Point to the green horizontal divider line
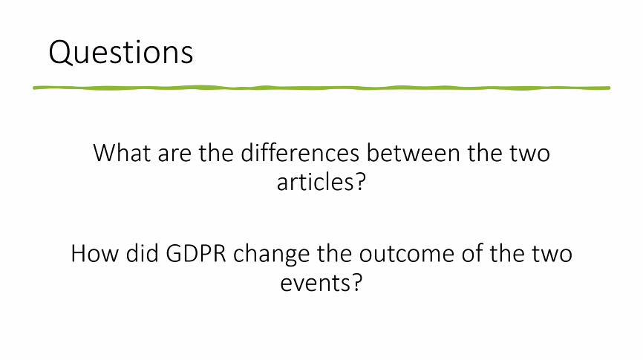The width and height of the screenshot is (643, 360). pos(321,88)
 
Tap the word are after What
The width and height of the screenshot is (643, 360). pos(177,154)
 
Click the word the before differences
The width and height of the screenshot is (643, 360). pos(221,154)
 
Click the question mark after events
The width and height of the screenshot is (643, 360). pos(356,282)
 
